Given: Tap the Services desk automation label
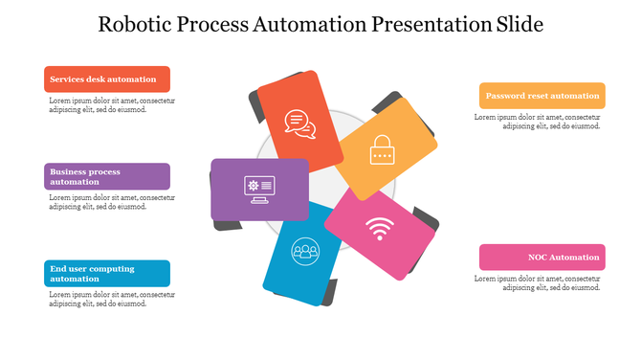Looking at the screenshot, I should [x=107, y=79].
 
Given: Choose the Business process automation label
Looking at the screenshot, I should [x=107, y=176].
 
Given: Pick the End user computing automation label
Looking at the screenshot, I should [x=107, y=274].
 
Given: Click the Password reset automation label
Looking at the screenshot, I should [x=542, y=96].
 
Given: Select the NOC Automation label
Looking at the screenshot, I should [x=542, y=258].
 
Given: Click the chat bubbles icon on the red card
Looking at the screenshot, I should [x=299, y=124].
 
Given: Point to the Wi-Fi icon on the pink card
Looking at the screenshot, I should [x=380, y=231].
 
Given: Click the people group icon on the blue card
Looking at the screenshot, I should [x=305, y=251].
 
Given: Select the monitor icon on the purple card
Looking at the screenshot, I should [x=259, y=189].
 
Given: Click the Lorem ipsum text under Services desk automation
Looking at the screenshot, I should [x=111, y=104].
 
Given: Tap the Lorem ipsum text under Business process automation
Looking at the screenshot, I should [x=111, y=202].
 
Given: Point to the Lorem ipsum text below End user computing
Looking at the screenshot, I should [x=111, y=300].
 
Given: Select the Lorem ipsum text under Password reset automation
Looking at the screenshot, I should [x=539, y=122].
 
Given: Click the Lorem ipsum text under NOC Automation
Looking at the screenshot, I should [x=539, y=282].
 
